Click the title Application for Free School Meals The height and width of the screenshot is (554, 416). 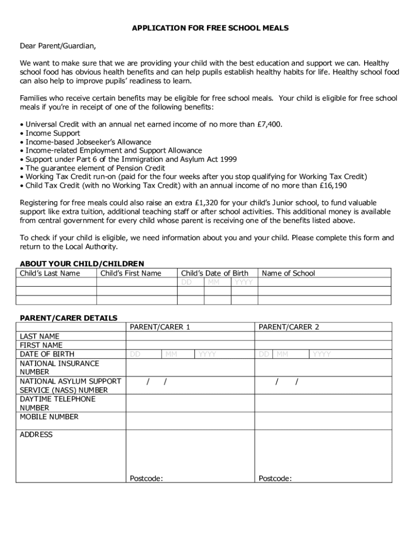(211, 28)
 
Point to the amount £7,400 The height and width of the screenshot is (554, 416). (268, 124)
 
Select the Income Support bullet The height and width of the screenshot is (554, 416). (52, 133)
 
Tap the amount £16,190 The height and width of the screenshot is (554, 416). (333, 185)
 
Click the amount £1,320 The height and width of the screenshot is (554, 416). (201, 203)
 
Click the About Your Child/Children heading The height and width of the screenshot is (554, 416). (82, 264)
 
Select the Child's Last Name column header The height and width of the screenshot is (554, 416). (50, 273)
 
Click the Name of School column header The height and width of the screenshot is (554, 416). (288, 273)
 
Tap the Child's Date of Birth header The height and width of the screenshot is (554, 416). (214, 273)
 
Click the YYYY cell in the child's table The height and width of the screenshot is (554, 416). (244, 282)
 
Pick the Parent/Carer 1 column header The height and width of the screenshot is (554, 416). (160, 327)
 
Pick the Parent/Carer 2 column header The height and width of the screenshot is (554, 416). (289, 327)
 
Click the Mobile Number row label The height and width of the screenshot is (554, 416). (49, 417)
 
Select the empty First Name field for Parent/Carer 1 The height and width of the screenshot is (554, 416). (190, 345)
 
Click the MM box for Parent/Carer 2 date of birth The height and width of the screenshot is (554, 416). (291, 354)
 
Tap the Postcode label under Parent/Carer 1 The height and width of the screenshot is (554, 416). (146, 478)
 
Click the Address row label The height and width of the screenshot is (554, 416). (36, 434)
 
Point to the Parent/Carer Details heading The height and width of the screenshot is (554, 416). (69, 318)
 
